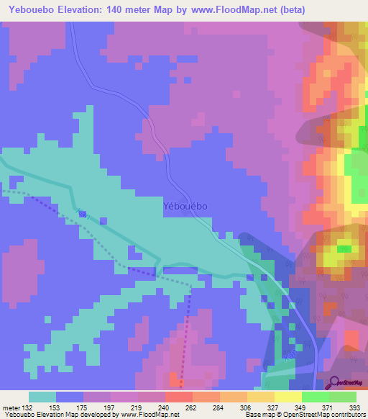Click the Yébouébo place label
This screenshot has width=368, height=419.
[183, 206]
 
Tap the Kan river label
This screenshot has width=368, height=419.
[83, 213]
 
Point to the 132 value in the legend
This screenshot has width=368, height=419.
[26, 407]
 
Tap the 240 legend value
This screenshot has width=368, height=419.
[165, 407]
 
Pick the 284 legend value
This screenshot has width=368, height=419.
[219, 407]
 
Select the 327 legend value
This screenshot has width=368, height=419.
[273, 407]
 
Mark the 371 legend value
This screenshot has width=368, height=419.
[328, 407]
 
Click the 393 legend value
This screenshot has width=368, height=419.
[354, 407]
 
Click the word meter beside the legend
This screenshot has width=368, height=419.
[9, 407]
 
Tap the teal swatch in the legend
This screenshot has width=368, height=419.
[42, 397]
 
